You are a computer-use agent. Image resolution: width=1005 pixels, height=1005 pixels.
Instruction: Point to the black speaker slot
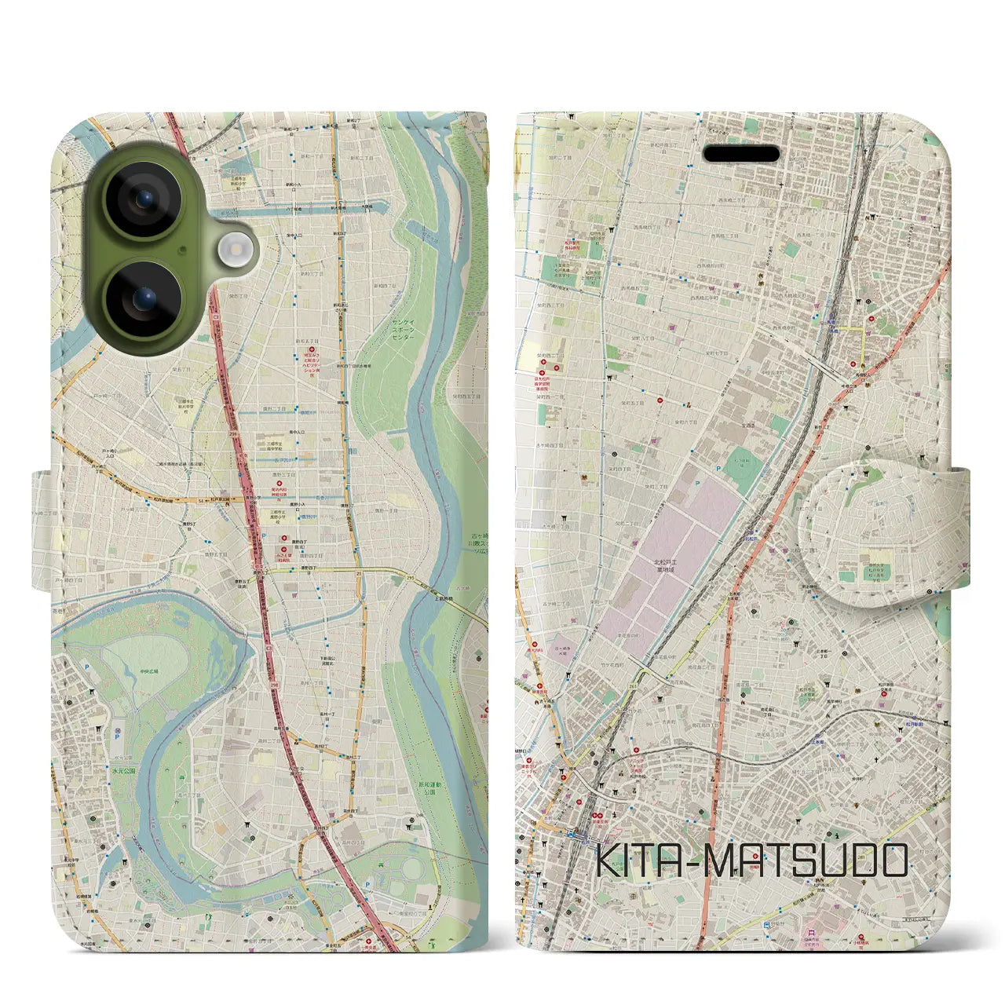pos(740,154)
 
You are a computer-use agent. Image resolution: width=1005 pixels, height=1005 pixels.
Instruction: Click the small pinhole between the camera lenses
pos(182,250)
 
